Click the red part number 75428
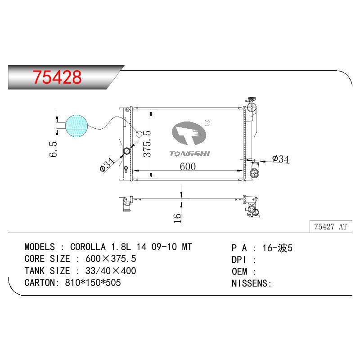point(57,77)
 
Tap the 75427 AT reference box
point(331,226)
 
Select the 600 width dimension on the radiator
point(188,166)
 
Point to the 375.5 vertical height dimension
point(147,144)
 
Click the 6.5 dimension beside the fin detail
point(53,149)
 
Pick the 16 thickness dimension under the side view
point(177,218)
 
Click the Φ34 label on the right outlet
point(280,159)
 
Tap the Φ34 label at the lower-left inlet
point(107,165)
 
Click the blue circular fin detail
point(76,126)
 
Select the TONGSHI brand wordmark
point(189,154)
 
